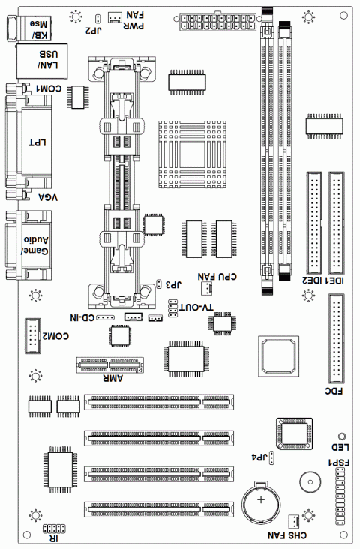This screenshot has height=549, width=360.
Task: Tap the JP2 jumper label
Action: [x=93, y=31]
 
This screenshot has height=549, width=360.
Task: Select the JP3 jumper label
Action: [x=174, y=284]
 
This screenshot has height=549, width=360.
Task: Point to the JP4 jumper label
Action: [x=259, y=457]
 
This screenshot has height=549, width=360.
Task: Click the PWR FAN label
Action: [x=133, y=20]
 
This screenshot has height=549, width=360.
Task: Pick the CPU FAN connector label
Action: [x=217, y=276]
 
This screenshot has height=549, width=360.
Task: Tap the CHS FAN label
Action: [x=287, y=535]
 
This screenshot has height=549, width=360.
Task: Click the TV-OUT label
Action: [x=196, y=307]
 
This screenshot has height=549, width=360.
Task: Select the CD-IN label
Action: [x=82, y=317]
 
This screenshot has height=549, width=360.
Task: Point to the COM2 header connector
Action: [x=32, y=336]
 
